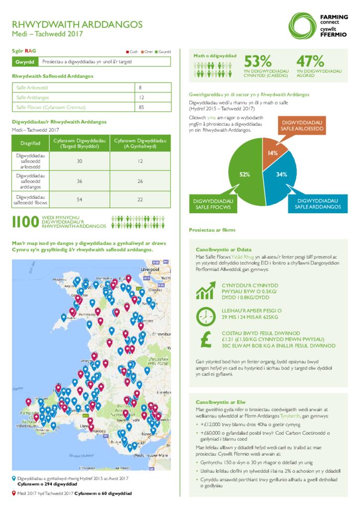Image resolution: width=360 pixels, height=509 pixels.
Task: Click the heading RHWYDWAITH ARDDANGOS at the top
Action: pos(77,24)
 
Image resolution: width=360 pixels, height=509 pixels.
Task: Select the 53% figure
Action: pos(258,61)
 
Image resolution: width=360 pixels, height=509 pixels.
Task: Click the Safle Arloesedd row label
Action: pos(32,88)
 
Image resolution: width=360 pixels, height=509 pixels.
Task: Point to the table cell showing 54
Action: pos(80,199)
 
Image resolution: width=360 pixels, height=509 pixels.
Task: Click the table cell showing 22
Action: pos(140,199)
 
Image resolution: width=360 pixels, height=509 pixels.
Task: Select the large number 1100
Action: pos(25,222)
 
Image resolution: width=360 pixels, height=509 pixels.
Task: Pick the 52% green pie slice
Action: pos(244,174)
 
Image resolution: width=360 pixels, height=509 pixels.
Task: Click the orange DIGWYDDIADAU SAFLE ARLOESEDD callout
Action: pos(303,126)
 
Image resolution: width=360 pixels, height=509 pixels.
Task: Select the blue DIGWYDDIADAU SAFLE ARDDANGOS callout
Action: pos(317,203)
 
